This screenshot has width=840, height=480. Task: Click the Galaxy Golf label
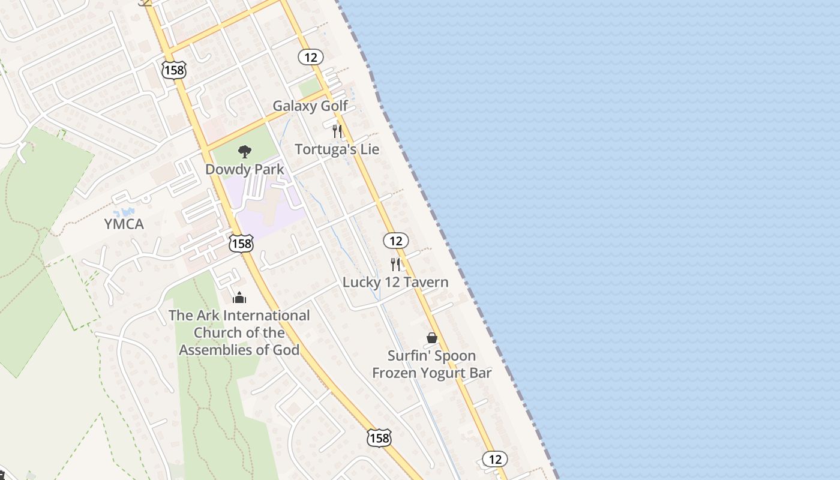click(310, 106)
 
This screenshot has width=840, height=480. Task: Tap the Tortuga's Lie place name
click(337, 149)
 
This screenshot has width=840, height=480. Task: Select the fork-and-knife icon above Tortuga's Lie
click(337, 131)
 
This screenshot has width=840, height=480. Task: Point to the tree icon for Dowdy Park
click(244, 152)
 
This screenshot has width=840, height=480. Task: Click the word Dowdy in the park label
click(223, 169)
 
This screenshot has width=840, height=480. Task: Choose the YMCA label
click(124, 224)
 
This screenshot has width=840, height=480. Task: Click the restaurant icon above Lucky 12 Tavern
click(395, 264)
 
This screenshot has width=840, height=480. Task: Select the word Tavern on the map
click(426, 282)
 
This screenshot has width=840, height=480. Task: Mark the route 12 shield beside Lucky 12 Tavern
click(395, 241)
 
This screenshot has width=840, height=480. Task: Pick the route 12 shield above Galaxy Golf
click(310, 57)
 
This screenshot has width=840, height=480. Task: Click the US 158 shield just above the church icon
click(241, 243)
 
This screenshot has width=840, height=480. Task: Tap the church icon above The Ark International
click(239, 298)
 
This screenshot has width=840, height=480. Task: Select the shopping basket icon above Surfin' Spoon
click(431, 338)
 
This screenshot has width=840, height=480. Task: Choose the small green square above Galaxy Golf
click(310, 88)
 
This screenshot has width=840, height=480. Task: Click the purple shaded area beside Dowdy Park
click(264, 210)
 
